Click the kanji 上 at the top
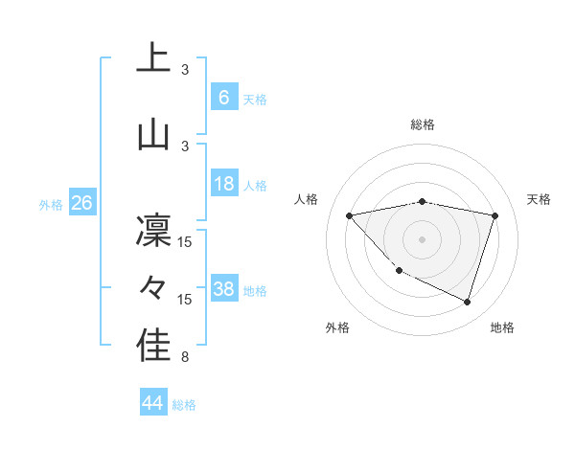[x=153, y=58]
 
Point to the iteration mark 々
[x=153, y=287]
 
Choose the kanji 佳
[x=153, y=346]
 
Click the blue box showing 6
[x=223, y=98]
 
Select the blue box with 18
[x=223, y=185]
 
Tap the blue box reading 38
[x=224, y=290]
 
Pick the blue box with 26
[x=81, y=203]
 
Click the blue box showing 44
[x=152, y=403]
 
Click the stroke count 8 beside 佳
[x=185, y=358]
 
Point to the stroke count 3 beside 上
[x=185, y=70]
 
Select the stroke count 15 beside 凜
[x=185, y=241]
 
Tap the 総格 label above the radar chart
[x=423, y=124]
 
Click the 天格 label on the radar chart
[x=540, y=199]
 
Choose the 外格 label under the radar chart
[x=337, y=327]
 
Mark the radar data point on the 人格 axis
[x=350, y=215]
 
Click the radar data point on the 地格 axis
[x=467, y=302]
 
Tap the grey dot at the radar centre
[x=423, y=238]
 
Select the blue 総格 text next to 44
[x=184, y=405]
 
